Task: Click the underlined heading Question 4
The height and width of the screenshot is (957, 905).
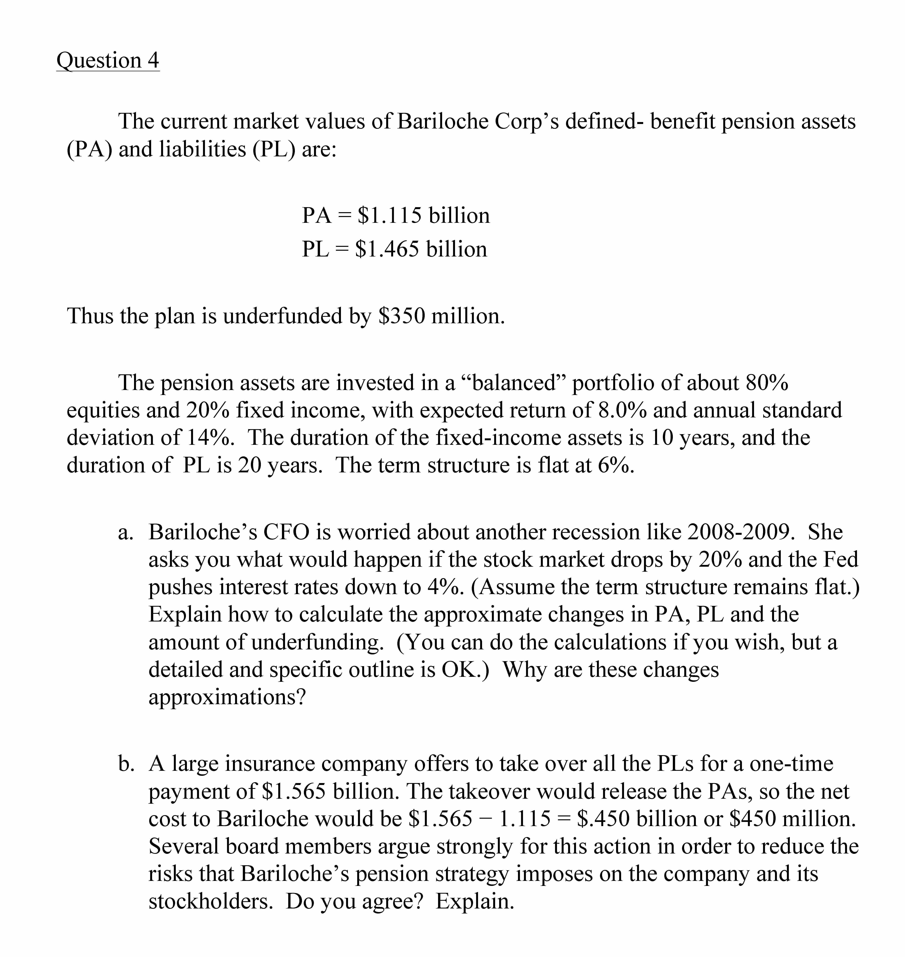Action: pos(108,61)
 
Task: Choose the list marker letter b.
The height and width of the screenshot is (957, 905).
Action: pos(125,765)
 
